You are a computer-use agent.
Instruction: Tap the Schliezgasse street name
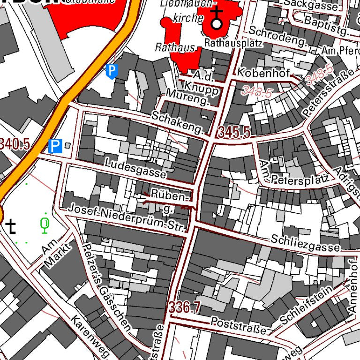305,242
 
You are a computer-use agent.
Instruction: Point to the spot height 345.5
233,133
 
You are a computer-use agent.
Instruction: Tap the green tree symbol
45,225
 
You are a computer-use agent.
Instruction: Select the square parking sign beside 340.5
55,146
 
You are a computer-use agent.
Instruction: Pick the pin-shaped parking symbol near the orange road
112,71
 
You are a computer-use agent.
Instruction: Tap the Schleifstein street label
306,305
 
